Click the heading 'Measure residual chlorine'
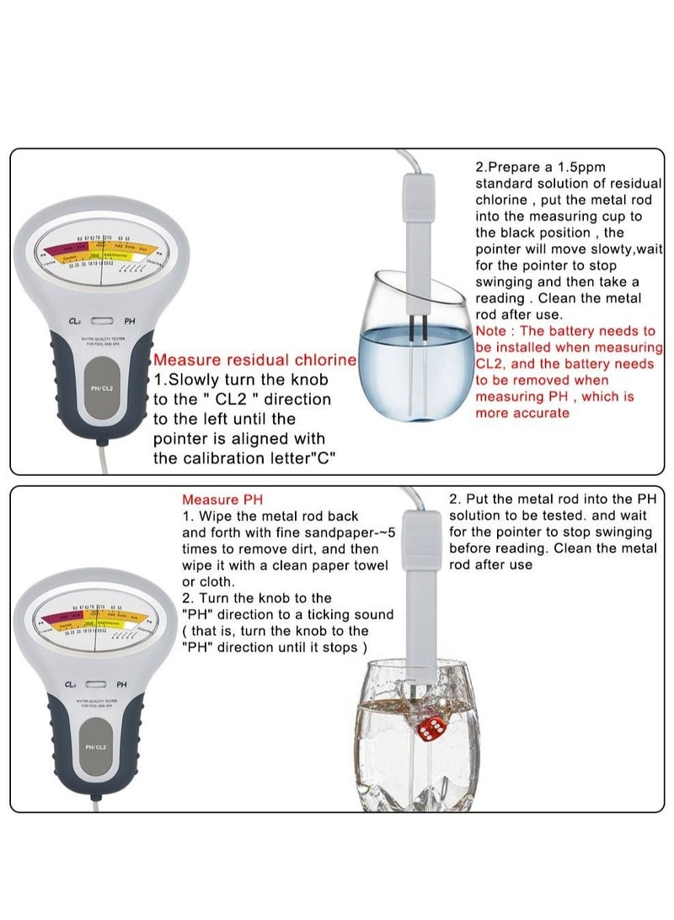pyautogui.click(x=254, y=360)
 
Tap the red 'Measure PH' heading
pyautogui.click(x=222, y=500)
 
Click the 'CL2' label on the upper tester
pyautogui.click(x=75, y=321)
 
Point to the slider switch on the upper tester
pyautogui.click(x=103, y=321)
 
